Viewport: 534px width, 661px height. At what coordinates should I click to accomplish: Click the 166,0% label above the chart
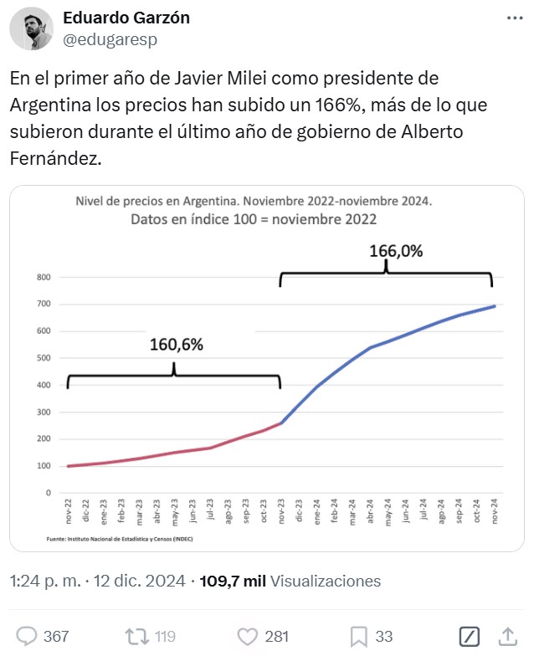tap(396, 250)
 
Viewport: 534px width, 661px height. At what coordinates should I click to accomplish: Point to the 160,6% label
tap(177, 344)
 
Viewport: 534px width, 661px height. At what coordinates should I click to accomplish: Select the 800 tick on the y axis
tap(44, 277)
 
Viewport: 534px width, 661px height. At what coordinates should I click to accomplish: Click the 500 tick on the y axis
tap(44, 358)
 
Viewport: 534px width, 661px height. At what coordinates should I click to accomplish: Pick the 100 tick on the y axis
tap(44, 466)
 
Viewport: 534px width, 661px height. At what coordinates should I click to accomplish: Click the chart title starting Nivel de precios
tap(254, 202)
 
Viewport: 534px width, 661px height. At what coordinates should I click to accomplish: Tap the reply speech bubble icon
tap(28, 637)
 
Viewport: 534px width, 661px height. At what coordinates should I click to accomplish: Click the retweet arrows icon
tap(136, 637)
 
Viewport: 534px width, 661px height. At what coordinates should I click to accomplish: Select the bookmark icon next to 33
tap(358, 637)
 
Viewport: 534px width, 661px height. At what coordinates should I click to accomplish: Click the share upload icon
tap(507, 637)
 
